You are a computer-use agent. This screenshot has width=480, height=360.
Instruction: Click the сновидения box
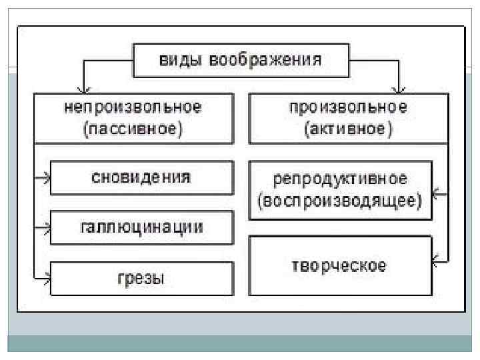(x=141, y=178)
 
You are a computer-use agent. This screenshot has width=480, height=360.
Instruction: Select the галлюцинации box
(x=141, y=227)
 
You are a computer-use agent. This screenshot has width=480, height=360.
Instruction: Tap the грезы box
(x=141, y=277)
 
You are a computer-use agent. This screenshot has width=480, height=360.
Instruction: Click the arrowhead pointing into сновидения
(x=46, y=178)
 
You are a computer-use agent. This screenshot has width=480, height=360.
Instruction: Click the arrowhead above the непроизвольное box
(x=83, y=88)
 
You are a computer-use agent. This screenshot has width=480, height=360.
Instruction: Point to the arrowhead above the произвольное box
(x=399, y=88)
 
